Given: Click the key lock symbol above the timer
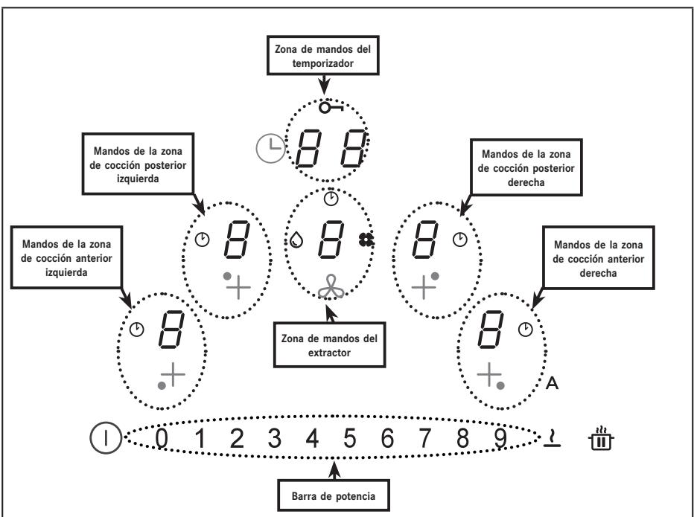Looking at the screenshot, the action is (331, 107).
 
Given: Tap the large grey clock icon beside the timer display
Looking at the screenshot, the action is (270, 149).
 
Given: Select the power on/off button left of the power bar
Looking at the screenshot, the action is (105, 438).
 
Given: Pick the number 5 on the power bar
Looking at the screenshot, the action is (350, 438).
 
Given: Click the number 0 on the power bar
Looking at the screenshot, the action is (162, 438).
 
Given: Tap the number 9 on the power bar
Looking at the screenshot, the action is (500, 438).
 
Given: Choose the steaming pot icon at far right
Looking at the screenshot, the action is (601, 438).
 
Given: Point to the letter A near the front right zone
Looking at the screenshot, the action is (552, 383).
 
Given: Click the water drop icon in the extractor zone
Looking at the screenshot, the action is (296, 240).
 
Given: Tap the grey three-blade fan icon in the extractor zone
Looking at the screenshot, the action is (331, 287).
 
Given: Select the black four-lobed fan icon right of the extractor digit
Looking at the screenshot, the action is (366, 240).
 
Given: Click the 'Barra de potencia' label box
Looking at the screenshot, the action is (334, 495).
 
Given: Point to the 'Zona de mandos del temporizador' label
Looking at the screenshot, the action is (322, 56).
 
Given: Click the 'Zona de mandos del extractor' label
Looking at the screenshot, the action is (329, 345).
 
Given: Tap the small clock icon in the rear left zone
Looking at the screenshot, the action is (203, 240).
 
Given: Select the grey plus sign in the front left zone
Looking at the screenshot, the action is (173, 375).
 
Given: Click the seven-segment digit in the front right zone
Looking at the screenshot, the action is (491, 330).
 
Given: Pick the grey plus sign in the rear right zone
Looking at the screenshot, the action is (424, 287).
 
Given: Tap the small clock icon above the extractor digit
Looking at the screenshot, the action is (331, 199).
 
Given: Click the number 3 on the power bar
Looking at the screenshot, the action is (275, 438).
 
